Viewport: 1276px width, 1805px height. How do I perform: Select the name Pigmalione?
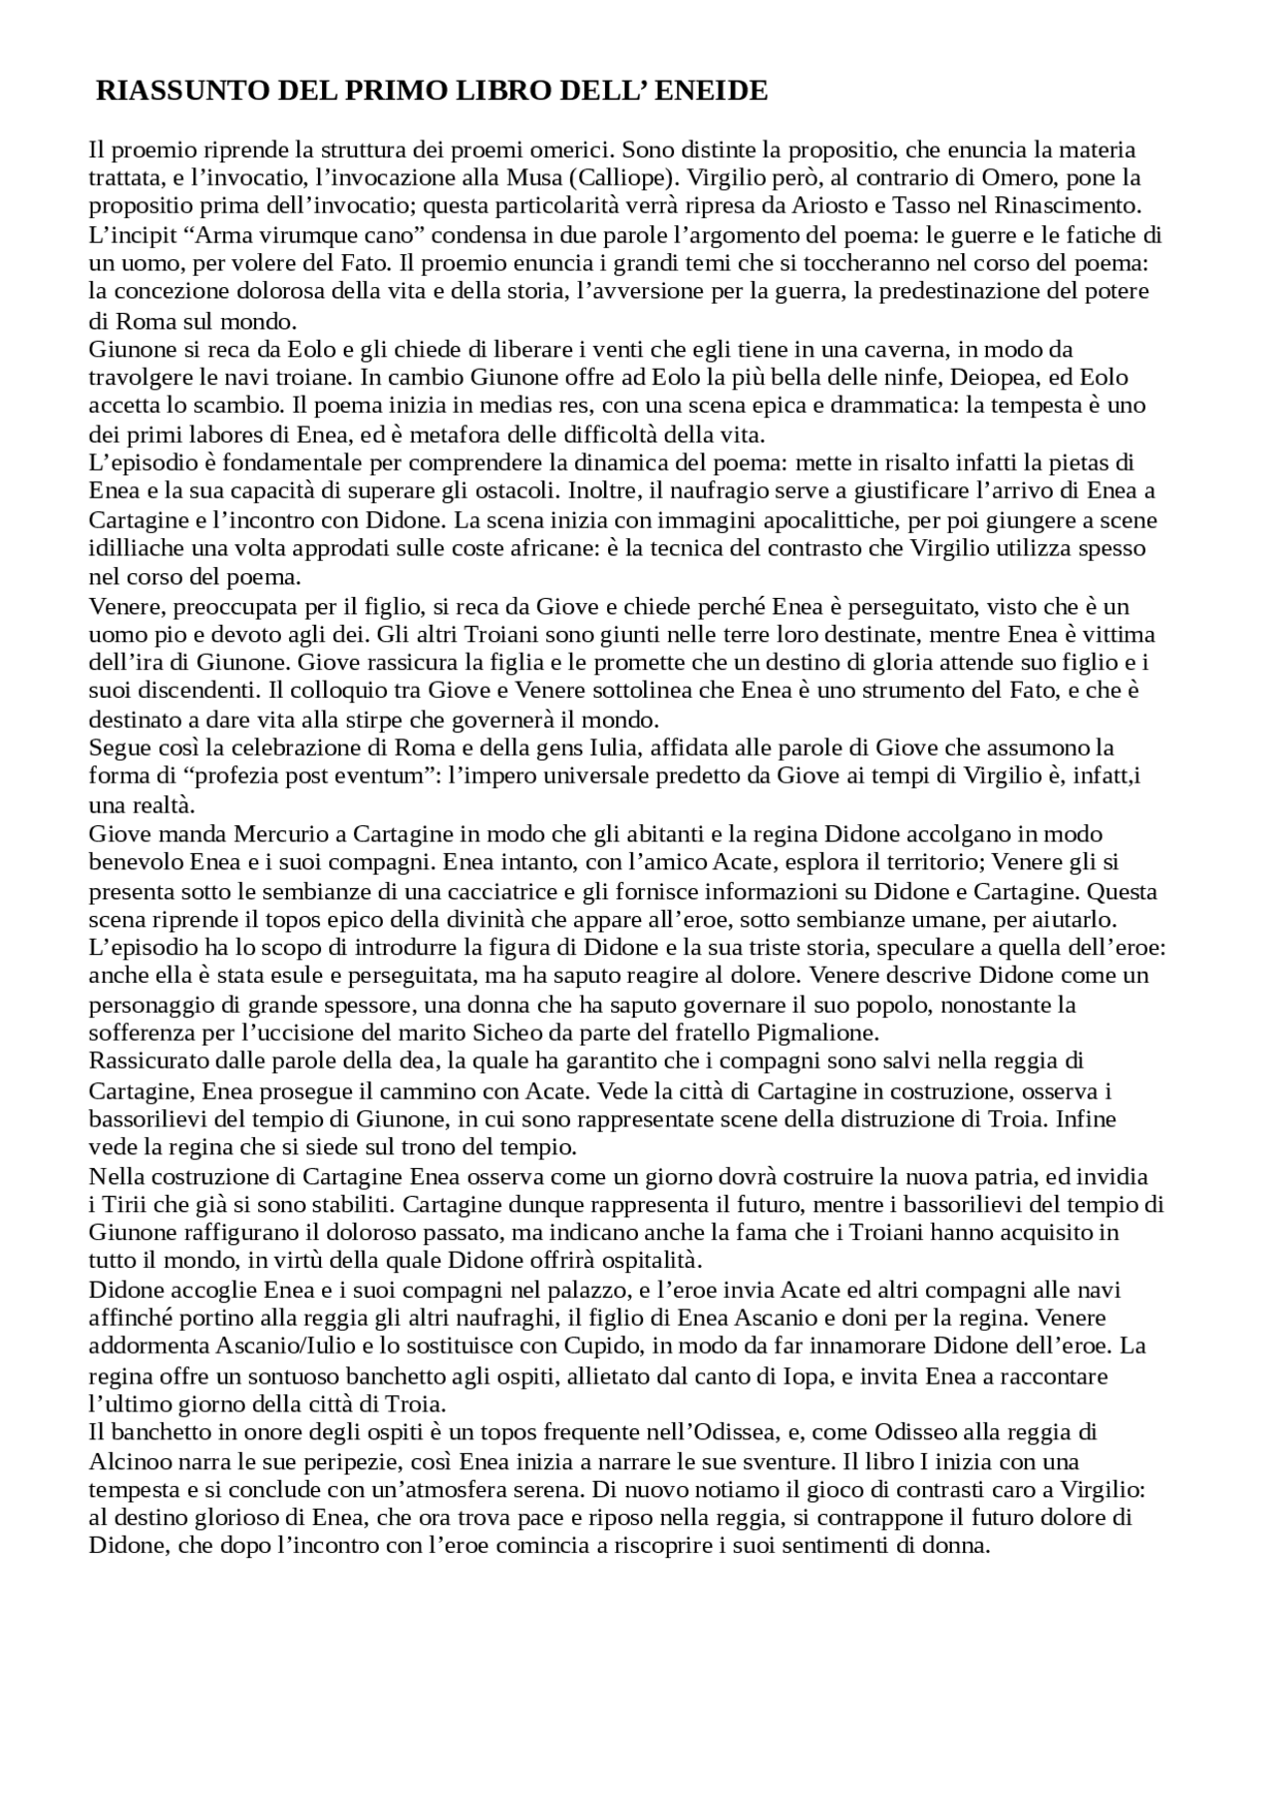tap(821, 1033)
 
